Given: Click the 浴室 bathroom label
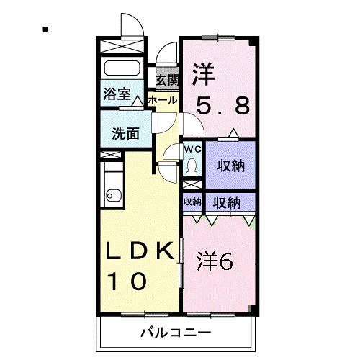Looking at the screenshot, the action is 117,94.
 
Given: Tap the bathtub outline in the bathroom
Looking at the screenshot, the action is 122,68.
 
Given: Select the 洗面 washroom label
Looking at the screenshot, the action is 125,133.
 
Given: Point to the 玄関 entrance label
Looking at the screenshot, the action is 168,80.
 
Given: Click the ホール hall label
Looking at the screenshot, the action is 163,100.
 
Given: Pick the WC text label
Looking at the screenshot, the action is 192,149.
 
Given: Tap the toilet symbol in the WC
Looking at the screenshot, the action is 192,167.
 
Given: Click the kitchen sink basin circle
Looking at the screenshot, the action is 109,196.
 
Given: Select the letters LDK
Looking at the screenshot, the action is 140,251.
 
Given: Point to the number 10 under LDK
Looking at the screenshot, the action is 127,282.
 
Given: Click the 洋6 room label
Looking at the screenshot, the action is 215,262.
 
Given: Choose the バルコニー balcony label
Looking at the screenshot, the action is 176,333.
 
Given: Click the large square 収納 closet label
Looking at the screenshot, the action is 231,166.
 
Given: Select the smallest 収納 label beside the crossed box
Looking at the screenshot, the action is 192,202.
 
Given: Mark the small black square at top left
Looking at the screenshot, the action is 45,30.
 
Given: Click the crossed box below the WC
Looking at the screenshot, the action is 192,184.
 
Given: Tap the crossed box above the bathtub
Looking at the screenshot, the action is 122,46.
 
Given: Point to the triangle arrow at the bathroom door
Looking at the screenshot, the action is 138,101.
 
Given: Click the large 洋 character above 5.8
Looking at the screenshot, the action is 203,74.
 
